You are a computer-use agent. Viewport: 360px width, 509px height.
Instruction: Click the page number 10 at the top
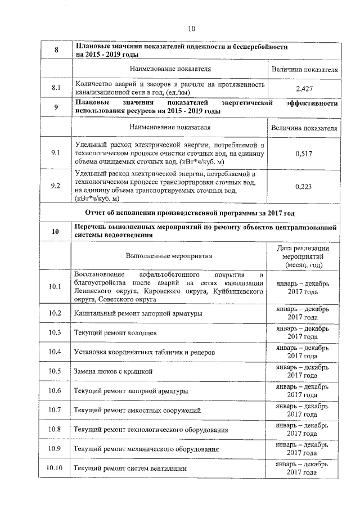pyautogui.click(x=191, y=29)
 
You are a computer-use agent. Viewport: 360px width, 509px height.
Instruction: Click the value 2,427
pyautogui.click(x=304, y=88)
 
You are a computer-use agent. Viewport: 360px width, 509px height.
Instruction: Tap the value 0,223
pyautogui.click(x=304, y=187)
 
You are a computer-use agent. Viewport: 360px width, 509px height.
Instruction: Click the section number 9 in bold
pyautogui.click(x=56, y=107)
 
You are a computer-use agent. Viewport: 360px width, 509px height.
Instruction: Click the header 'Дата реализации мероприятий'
pyautogui.click(x=304, y=255)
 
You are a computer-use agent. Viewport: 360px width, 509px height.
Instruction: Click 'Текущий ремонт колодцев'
pyautogui.click(x=113, y=332)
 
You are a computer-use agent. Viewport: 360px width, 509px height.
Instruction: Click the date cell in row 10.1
pyautogui.click(x=304, y=287)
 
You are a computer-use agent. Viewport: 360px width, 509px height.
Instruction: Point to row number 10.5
pyautogui.click(x=55, y=371)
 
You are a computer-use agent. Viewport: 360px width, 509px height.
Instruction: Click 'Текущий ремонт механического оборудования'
pyautogui.click(x=145, y=449)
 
